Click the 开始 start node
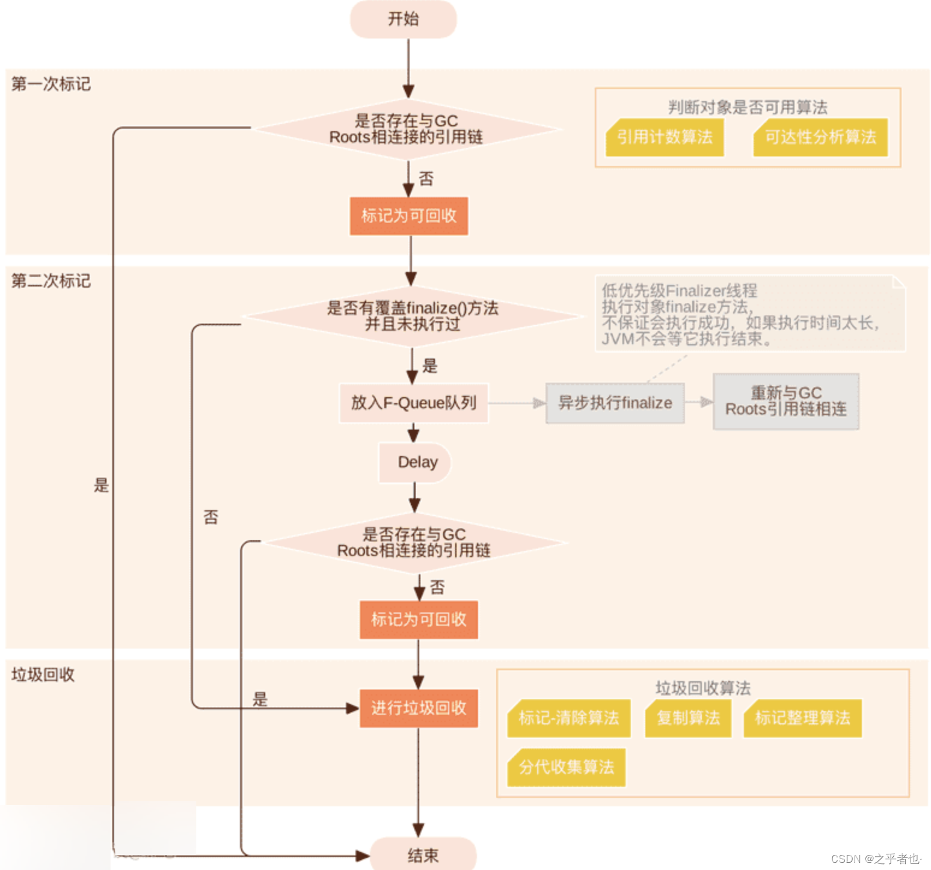coord(403,19)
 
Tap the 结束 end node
coord(423,855)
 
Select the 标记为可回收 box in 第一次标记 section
coord(409,216)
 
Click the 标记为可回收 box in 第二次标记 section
coord(419,619)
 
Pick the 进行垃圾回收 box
coord(419,708)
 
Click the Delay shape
coord(415,462)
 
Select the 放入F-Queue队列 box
coord(413,403)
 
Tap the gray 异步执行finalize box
coord(615,403)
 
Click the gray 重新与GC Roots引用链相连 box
coord(785,401)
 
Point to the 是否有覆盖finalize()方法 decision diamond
coord(413,316)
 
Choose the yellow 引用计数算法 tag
coord(665,137)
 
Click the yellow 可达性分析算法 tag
coord(820,137)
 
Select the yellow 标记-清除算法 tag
coord(569,718)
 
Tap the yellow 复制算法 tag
coord(688,718)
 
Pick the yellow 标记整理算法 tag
coord(802,718)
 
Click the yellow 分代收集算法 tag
coord(567,767)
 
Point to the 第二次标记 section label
coord(51,281)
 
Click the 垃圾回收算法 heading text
coord(702,688)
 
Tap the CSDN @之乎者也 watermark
coord(876,859)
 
